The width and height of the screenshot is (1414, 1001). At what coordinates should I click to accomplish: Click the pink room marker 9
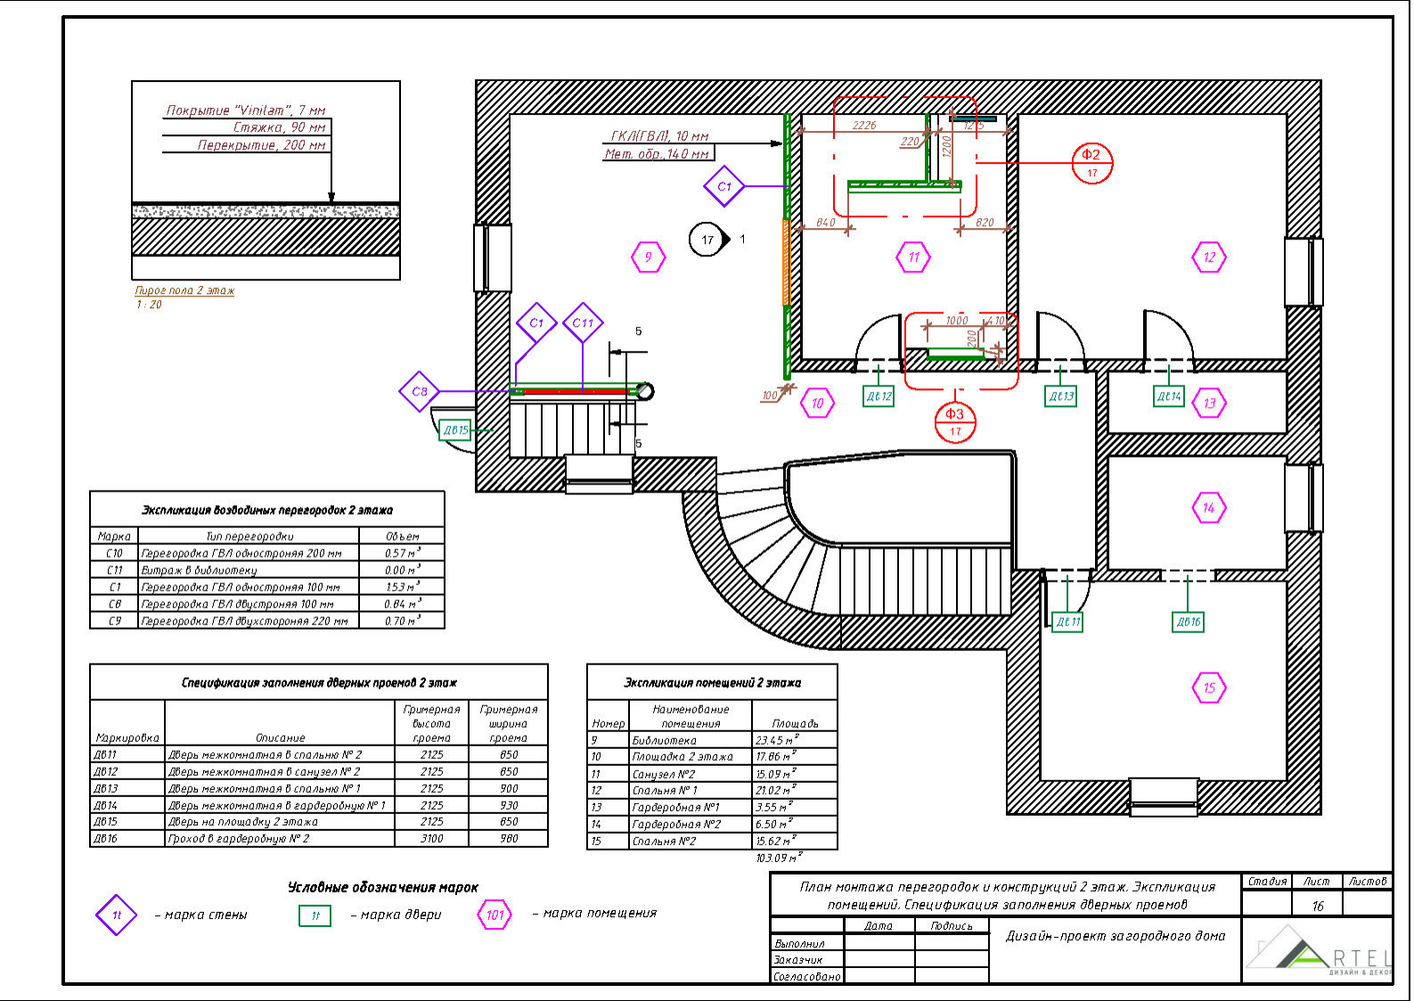pos(648,257)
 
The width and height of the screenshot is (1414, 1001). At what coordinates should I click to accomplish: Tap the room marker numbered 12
pos(1208,257)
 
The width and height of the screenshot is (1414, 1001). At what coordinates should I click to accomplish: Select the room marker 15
pos(1208,688)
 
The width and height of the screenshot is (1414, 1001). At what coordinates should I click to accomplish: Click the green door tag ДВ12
pos(879,396)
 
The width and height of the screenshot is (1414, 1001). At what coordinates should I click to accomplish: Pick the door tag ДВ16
pos(1189,622)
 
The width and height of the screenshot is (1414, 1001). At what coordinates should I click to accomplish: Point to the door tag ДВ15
pos(455,430)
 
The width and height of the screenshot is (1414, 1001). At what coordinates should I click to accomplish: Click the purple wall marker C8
pos(419,391)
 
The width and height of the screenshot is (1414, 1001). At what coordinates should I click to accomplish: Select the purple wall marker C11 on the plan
pos(583,323)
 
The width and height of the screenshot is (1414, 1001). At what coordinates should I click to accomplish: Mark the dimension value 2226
pos(864,126)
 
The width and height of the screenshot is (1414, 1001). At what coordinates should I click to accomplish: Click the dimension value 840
pos(826,223)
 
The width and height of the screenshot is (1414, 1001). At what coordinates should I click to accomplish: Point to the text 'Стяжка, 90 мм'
pos(280,127)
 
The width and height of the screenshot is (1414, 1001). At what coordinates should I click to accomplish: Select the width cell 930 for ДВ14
pos(508,805)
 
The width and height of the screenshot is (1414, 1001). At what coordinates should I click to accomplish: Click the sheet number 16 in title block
pos(1317,906)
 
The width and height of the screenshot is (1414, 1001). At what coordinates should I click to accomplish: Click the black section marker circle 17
pos(707,240)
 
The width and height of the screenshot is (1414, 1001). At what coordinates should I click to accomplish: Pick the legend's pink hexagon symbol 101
pos(494,915)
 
